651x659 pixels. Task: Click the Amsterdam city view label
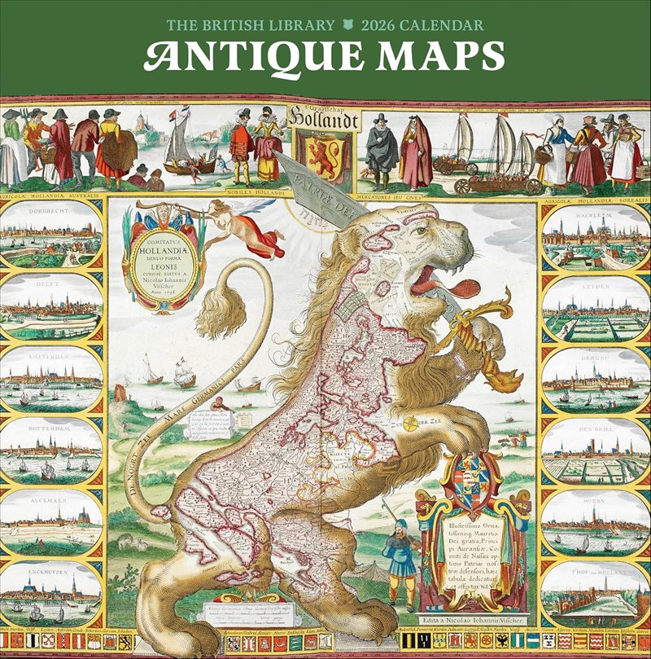point(51,355)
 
